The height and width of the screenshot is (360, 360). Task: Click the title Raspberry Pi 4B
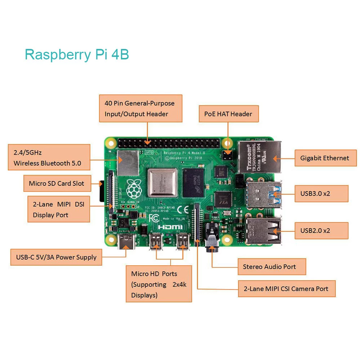click(x=77, y=55)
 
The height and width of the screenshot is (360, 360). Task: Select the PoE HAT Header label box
click(x=228, y=114)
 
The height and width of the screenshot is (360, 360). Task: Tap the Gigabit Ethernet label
click(x=325, y=158)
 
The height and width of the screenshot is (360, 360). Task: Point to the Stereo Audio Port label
click(x=271, y=267)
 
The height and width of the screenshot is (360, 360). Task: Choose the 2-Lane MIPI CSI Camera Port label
click(x=287, y=289)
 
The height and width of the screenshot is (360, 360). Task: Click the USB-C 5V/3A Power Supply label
click(x=56, y=257)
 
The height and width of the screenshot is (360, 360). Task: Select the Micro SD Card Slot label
click(x=57, y=184)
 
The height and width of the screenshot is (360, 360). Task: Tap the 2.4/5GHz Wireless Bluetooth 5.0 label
click(x=49, y=158)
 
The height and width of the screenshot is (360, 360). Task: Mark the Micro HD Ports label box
click(x=159, y=284)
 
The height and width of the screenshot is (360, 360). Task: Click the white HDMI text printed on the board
click(x=171, y=227)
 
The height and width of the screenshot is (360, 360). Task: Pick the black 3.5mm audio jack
click(x=212, y=238)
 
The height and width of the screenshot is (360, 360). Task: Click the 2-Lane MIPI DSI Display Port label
click(x=59, y=210)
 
